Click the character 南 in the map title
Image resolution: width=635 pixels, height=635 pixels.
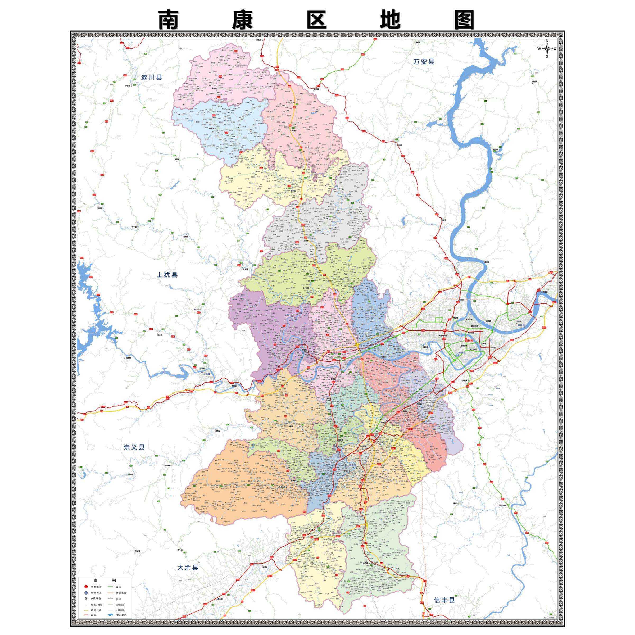click(x=168, y=20)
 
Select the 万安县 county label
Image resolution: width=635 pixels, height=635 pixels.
click(x=424, y=61)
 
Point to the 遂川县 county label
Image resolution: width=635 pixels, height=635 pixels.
click(x=152, y=78)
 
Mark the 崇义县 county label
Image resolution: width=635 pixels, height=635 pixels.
click(x=134, y=447)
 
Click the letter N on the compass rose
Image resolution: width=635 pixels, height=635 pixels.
click(x=547, y=41)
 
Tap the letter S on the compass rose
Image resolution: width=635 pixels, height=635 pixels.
click(x=547, y=56)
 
